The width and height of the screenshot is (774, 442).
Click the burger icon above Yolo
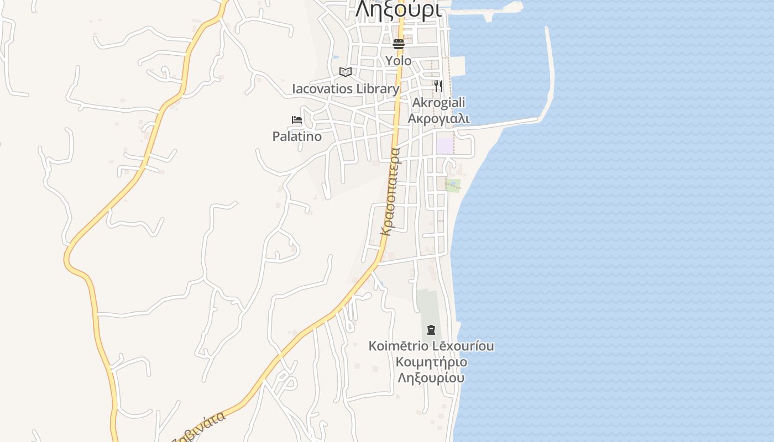399,44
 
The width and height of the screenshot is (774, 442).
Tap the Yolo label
399,60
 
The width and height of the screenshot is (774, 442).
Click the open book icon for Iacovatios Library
346,72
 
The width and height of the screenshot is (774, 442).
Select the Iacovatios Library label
346,89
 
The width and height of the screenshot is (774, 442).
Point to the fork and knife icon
438,86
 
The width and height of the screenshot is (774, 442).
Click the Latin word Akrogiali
439,103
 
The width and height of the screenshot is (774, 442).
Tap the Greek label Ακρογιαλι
439,118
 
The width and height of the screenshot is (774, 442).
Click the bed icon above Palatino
297,120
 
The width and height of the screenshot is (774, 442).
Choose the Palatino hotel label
297,136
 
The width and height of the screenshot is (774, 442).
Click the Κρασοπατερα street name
390,191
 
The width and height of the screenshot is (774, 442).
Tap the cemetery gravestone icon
431,330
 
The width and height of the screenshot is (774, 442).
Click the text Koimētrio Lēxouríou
431,346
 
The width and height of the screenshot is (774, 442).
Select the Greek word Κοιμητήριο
431,362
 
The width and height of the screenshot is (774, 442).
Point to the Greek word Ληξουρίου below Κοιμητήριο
431,378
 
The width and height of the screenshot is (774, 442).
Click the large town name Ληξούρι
398,9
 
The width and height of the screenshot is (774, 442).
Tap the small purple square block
444,146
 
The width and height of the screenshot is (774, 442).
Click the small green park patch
453,185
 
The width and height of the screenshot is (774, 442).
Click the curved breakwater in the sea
550,72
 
